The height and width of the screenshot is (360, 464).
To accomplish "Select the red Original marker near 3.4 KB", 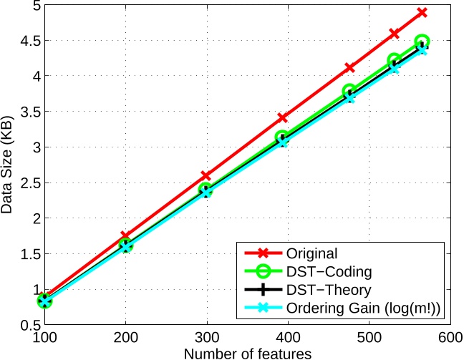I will click(282, 117).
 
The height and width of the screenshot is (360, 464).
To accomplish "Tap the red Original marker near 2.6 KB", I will click(206, 175).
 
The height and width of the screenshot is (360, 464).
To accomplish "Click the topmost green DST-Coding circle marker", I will click(422, 42).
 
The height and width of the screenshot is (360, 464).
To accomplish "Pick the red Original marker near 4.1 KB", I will click(349, 67).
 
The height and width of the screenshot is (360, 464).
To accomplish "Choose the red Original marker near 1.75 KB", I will click(126, 235).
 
